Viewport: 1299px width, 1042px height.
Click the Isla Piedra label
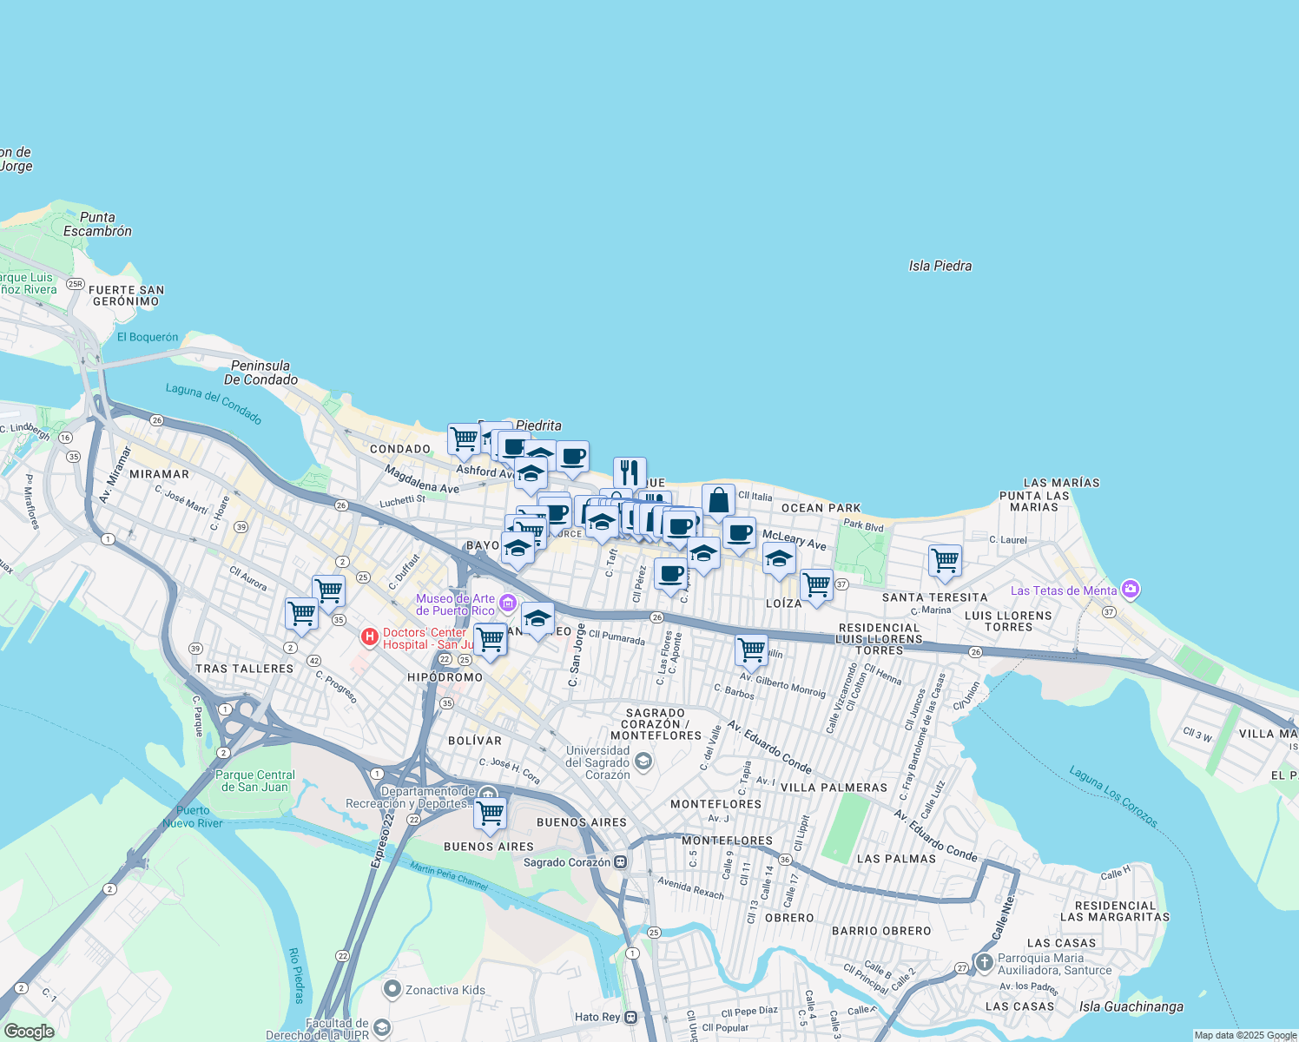tap(940, 266)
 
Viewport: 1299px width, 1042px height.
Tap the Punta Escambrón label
tap(97, 224)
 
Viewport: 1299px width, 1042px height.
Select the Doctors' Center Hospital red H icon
tap(370, 638)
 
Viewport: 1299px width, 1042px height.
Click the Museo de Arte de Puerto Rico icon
tap(508, 603)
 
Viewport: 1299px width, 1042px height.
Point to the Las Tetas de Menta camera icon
tap(1130, 590)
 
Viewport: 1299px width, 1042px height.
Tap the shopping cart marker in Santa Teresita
tap(945, 560)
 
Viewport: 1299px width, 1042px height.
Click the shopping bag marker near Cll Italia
tap(718, 501)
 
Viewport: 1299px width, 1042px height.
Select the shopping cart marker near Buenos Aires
tap(491, 814)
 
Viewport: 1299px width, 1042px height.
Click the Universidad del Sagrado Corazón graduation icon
tap(643, 762)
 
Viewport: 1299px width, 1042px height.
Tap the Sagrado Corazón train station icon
tap(621, 862)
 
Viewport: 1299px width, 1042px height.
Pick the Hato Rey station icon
tap(631, 1017)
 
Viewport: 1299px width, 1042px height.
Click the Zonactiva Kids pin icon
tap(392, 989)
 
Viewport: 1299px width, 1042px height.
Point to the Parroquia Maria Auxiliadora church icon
tap(984, 962)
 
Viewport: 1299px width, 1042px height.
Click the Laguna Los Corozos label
tap(1113, 796)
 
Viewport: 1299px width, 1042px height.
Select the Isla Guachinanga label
tap(1131, 1006)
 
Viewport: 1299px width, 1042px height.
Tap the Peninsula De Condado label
tap(260, 373)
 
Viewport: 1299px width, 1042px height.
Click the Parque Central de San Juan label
tap(255, 781)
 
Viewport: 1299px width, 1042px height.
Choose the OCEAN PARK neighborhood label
tap(821, 508)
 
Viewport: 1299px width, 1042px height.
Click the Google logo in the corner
tap(29, 1032)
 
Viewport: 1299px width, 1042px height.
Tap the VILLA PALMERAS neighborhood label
tap(834, 788)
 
